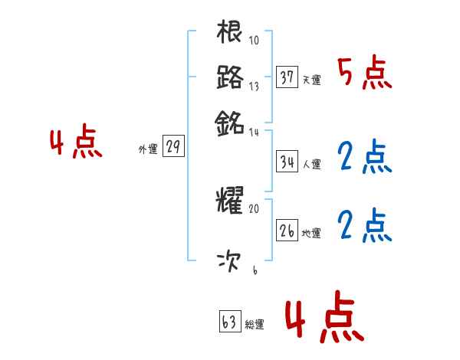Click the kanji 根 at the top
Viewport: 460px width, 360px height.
tap(230, 34)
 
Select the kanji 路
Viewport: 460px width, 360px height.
tap(230, 77)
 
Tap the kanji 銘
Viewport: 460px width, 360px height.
tap(230, 123)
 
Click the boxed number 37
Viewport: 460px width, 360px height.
tap(287, 77)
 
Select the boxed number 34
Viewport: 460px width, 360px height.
tap(287, 162)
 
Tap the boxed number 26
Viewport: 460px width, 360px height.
tap(287, 230)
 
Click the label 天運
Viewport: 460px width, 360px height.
tap(312, 80)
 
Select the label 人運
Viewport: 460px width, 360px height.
tap(312, 164)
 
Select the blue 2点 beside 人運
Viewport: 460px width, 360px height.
tap(364, 158)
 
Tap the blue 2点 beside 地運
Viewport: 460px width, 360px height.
tap(364, 226)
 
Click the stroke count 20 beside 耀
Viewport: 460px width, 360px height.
tap(255, 208)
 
